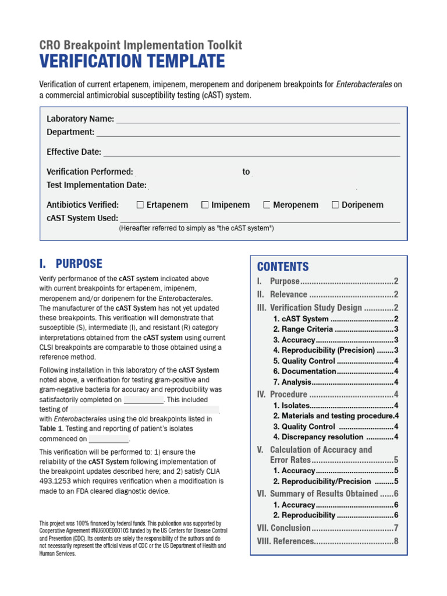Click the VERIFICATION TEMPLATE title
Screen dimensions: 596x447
pyautogui.click(x=132, y=62)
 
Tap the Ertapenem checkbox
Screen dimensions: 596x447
pyautogui.click(x=140, y=205)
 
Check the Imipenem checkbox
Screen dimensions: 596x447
pyautogui.click(x=205, y=205)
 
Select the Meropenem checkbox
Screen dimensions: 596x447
pyautogui.click(x=267, y=205)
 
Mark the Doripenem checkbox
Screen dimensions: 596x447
pyautogui.click(x=336, y=205)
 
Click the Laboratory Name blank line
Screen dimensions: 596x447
pyautogui.click(x=258, y=120)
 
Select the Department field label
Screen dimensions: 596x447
pyautogui.click(x=70, y=132)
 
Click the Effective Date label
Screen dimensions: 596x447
pyautogui.click(x=74, y=152)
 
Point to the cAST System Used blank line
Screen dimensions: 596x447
pyautogui.click(x=260, y=219)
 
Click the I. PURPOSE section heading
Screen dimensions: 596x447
pyautogui.click(x=70, y=264)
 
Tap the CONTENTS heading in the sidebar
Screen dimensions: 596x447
pyautogui.click(x=283, y=267)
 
